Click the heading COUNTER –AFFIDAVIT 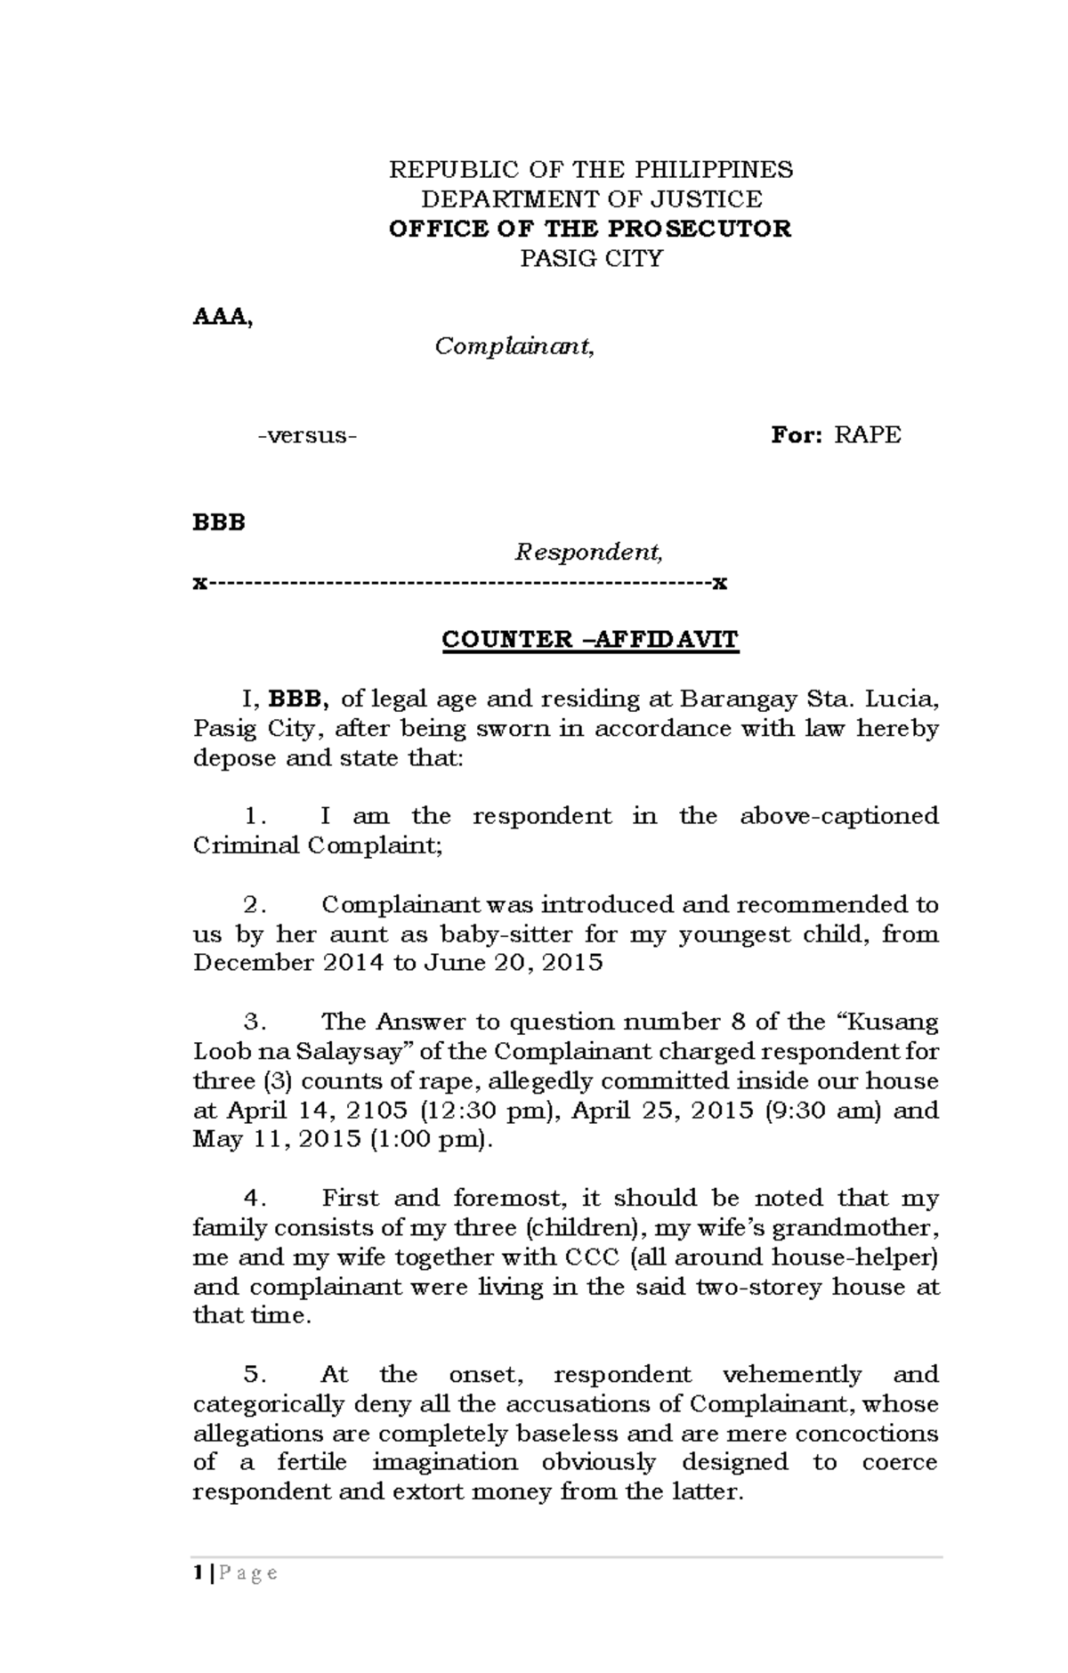590,640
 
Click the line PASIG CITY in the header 591,258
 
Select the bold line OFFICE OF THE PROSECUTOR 590,229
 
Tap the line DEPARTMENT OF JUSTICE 591,198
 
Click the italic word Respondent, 589,552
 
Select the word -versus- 307,435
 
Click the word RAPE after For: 868,434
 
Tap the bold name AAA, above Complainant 222,317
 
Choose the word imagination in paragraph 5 444,1462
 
